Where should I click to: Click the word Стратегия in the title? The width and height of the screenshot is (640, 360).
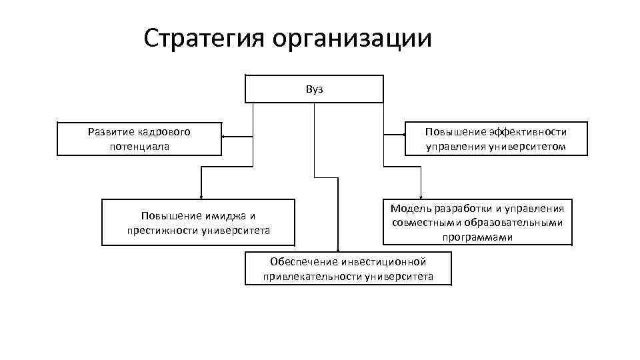203,38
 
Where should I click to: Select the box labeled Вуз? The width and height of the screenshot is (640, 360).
314,89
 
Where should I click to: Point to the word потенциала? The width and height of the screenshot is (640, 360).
139,145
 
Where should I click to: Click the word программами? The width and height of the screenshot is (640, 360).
477,237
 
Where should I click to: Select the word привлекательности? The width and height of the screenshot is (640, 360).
313,277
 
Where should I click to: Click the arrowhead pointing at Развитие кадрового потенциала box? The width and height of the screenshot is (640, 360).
224,137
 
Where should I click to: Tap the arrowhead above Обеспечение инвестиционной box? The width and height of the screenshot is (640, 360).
338,248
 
